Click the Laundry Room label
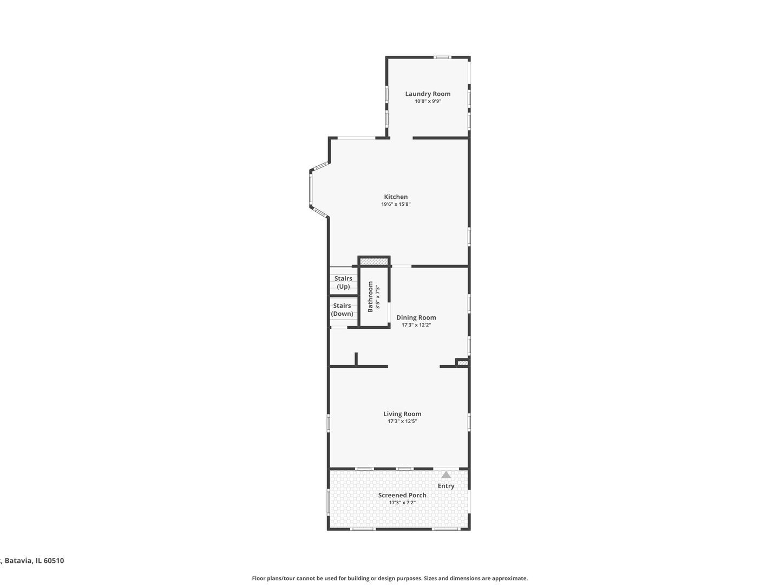point(428,94)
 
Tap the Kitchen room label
point(396,197)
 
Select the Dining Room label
point(416,317)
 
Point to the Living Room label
point(402,414)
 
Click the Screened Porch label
point(402,495)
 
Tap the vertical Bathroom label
point(371,296)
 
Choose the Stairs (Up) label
point(343,282)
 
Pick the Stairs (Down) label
point(342,309)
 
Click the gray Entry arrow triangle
point(446,474)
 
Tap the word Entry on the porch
point(446,486)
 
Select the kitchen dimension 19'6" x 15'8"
point(396,204)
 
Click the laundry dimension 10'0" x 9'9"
point(428,101)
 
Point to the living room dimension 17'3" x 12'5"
point(402,421)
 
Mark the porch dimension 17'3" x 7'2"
point(402,503)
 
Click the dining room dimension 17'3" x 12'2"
point(416,325)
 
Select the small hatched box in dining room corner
point(462,362)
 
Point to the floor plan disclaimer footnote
point(390,578)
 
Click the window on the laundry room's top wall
point(443,57)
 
